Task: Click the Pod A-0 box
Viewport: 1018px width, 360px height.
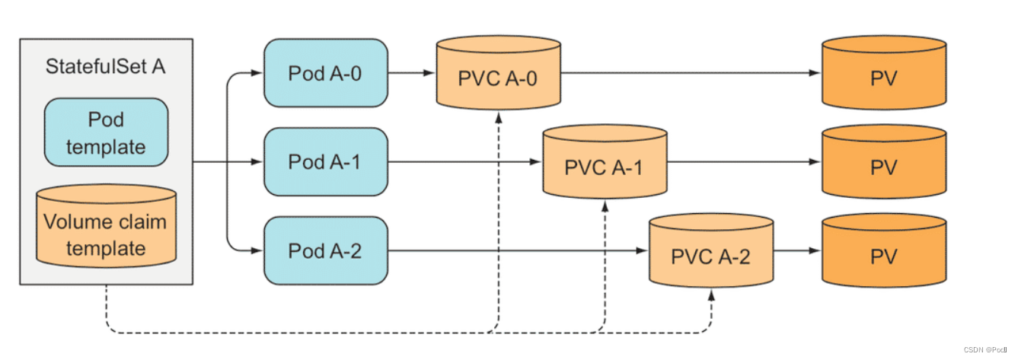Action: point(325,74)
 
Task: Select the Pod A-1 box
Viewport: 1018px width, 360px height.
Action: point(325,162)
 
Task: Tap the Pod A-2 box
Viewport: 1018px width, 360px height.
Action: point(325,250)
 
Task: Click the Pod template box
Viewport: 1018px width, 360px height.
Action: point(106,133)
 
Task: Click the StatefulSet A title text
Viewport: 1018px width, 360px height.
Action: point(106,67)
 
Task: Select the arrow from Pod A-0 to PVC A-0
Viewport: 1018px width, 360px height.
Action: point(411,74)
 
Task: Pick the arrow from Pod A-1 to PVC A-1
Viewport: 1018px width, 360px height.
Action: point(464,162)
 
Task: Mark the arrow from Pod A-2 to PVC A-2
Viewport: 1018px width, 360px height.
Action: point(518,250)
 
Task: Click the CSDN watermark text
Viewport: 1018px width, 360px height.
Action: point(984,349)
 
